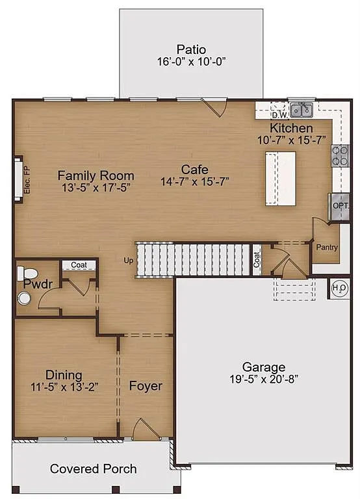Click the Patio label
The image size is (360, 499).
point(191,49)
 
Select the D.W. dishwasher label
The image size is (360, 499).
point(280,116)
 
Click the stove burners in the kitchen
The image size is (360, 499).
point(340,155)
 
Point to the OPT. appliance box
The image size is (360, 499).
point(341,205)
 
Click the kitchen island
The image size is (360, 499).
point(280,179)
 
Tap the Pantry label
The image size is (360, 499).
point(327,248)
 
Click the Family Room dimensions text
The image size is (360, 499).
point(96,188)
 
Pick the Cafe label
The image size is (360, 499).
point(194,170)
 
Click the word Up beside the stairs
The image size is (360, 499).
point(129,261)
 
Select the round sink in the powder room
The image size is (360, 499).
point(24,298)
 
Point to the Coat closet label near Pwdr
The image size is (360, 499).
point(79,265)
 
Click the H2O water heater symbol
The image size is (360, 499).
point(339,288)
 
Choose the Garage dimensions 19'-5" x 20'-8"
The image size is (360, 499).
point(264,379)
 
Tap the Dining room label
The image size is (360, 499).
point(64,375)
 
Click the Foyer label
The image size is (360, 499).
point(146,386)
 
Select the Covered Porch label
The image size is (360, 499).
point(94,468)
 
